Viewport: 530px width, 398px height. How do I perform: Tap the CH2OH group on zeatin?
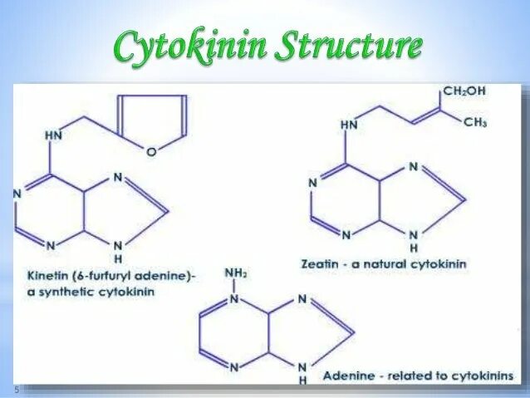click(464, 91)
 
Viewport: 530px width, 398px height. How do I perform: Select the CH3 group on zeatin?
click(475, 122)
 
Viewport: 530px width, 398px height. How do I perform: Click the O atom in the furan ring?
click(150, 152)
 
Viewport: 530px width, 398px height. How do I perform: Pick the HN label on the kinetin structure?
click(53, 134)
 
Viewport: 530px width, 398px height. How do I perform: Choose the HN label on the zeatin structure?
click(351, 125)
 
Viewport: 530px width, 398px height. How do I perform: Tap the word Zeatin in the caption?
click(318, 263)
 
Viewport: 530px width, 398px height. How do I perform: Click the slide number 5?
click(15, 391)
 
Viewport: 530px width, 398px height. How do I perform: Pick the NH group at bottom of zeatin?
click(415, 241)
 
